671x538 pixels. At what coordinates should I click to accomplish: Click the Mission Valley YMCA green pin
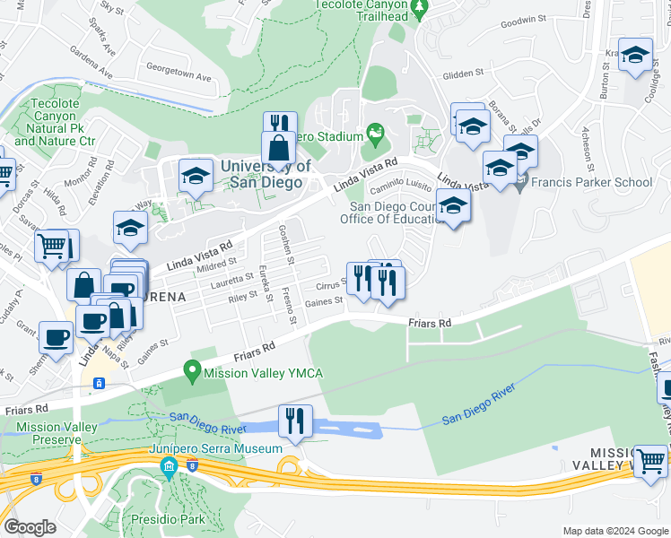tap(191, 369)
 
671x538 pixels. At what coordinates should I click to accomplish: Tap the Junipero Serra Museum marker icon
tap(169, 466)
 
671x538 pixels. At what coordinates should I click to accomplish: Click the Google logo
tap(30, 527)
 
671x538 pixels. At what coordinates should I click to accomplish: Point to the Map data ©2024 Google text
tap(615, 531)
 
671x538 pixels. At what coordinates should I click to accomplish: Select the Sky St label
tap(112, 8)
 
